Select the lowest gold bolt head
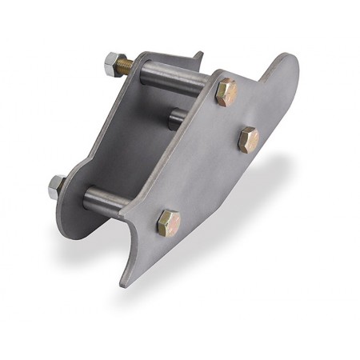tap(168, 222)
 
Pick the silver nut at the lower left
tap(57, 186)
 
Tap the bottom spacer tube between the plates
tap(112, 200)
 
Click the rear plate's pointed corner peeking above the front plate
tap(198, 58)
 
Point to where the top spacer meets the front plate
tap(210, 86)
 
